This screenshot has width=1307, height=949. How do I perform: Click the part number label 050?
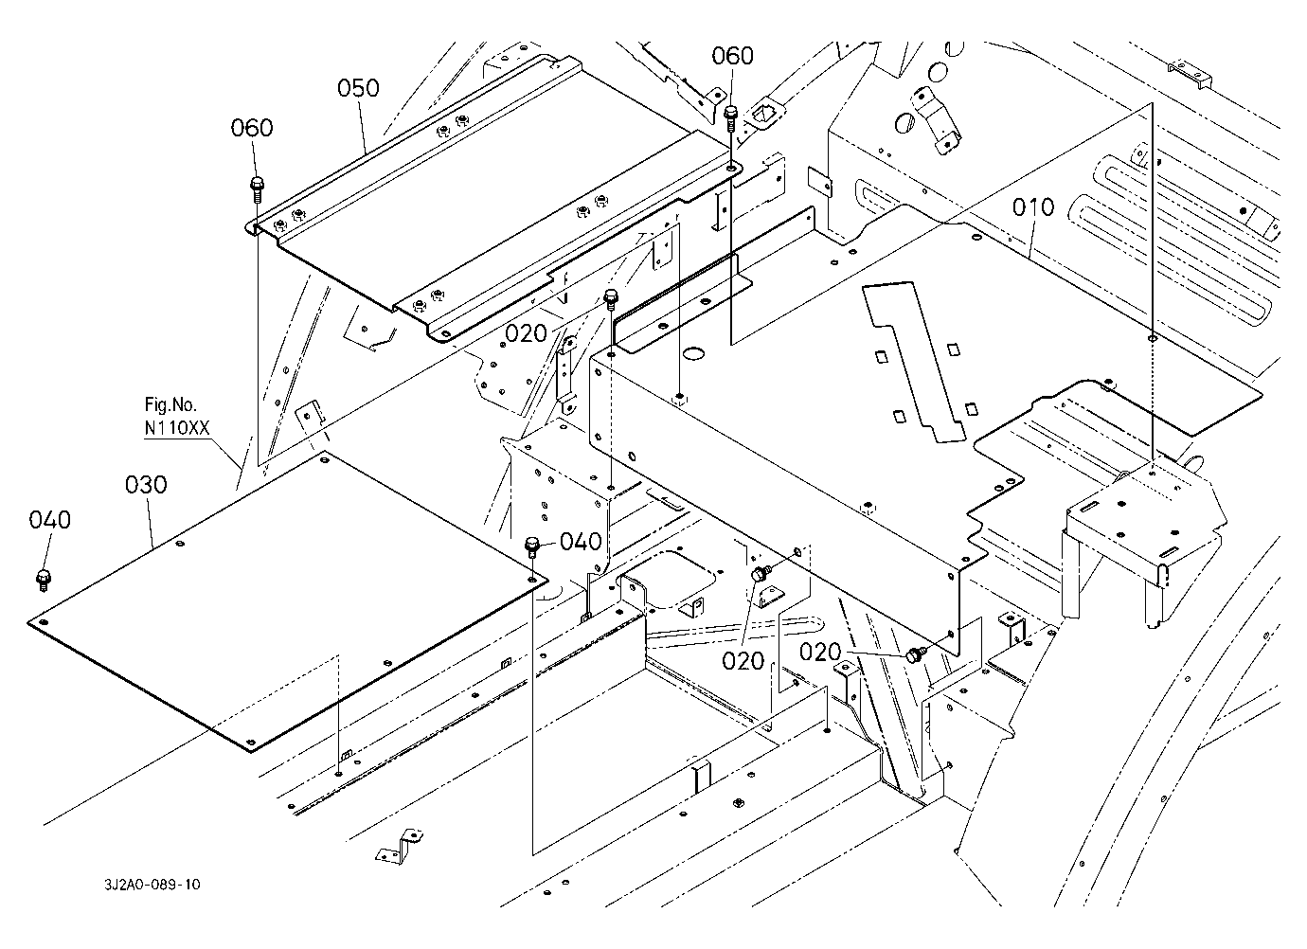(x=359, y=88)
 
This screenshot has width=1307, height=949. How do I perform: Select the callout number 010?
(x=1032, y=207)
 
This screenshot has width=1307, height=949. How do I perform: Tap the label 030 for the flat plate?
(x=146, y=485)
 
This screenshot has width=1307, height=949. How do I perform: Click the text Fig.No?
(x=171, y=405)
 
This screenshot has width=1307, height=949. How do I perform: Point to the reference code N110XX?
(x=176, y=428)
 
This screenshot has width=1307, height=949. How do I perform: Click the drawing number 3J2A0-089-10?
(x=152, y=885)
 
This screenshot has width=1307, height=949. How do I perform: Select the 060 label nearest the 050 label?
(x=252, y=128)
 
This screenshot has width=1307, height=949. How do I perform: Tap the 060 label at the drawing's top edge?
(x=732, y=56)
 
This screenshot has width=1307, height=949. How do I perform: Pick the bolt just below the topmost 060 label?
(x=731, y=118)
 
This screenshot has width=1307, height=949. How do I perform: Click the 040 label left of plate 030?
(x=49, y=519)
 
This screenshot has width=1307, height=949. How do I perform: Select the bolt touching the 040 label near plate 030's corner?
(x=532, y=546)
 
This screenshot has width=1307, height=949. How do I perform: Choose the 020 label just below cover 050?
(x=526, y=332)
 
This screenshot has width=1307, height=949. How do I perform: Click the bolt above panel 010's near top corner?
(x=611, y=301)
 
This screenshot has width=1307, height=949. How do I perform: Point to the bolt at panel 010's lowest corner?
(x=916, y=654)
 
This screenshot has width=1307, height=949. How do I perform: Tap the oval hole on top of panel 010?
(x=695, y=355)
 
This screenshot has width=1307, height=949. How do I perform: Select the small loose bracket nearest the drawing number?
(x=396, y=846)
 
